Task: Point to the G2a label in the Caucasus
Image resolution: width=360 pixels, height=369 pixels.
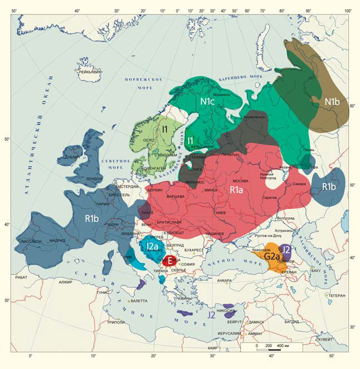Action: click(x=272, y=256)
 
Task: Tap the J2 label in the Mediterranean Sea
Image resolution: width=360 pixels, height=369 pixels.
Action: click(x=212, y=315)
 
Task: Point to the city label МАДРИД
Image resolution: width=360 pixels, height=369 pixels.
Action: click(x=57, y=241)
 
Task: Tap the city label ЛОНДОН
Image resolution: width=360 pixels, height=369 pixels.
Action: click(x=94, y=179)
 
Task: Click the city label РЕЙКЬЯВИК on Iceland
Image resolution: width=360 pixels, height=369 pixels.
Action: click(x=90, y=72)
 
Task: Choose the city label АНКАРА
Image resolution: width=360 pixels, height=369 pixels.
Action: click(x=224, y=280)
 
